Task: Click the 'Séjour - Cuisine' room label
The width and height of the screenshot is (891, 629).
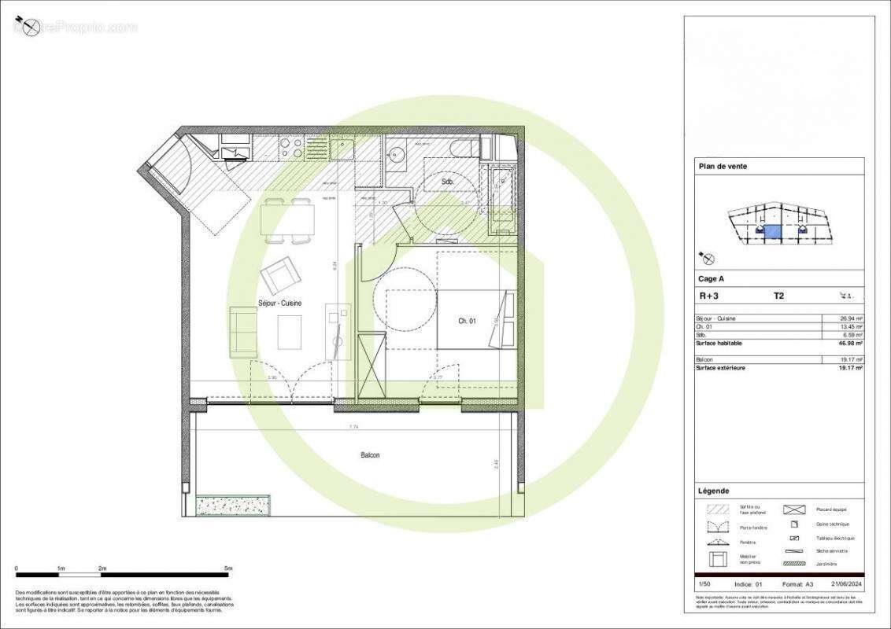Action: [280, 303]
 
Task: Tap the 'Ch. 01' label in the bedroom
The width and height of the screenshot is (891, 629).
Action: [468, 321]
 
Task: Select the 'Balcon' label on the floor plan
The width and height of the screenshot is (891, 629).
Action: [370, 454]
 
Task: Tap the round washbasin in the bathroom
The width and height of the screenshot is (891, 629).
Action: [397, 154]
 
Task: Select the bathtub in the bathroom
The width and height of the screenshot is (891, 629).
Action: [501, 200]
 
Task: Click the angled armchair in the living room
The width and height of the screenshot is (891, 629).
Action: [281, 274]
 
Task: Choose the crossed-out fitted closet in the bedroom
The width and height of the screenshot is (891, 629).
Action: [371, 366]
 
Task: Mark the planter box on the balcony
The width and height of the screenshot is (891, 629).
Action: [232, 504]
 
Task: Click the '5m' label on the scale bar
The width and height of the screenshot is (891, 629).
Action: [227, 568]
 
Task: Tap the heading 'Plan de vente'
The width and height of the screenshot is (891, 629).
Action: [723, 166]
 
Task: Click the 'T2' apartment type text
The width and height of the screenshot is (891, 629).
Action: [778, 296]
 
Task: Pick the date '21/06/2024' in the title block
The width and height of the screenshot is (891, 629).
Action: [847, 584]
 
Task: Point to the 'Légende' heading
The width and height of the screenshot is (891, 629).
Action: [714, 491]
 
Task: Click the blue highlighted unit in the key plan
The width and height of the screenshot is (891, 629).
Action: [773, 232]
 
